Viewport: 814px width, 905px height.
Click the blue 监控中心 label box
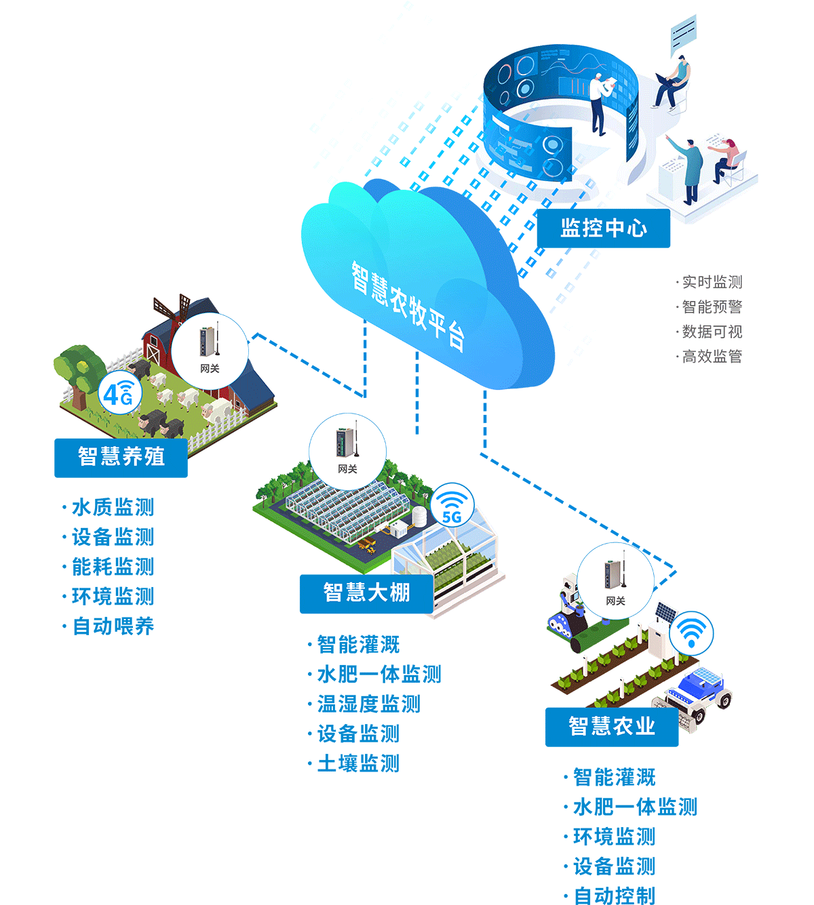tap(603, 228)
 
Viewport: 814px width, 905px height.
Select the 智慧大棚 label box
tap(366, 593)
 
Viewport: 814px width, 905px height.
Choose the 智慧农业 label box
tap(612, 727)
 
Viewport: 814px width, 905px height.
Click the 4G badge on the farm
tap(119, 394)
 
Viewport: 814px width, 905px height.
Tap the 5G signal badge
tap(452, 506)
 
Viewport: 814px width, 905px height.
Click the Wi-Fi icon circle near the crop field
tap(691, 633)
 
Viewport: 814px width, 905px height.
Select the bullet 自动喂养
tap(113, 626)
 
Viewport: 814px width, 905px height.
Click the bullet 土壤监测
tap(357, 763)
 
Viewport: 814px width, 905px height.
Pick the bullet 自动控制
tap(614, 896)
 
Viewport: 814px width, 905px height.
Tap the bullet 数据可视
tap(712, 331)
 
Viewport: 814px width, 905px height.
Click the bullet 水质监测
tap(113, 507)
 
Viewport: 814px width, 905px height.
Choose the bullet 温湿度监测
tap(368, 704)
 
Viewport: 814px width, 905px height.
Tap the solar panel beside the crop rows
tap(665, 613)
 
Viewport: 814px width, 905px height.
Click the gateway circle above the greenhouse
tap(347, 450)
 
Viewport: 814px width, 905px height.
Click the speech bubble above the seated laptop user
tap(682, 34)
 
